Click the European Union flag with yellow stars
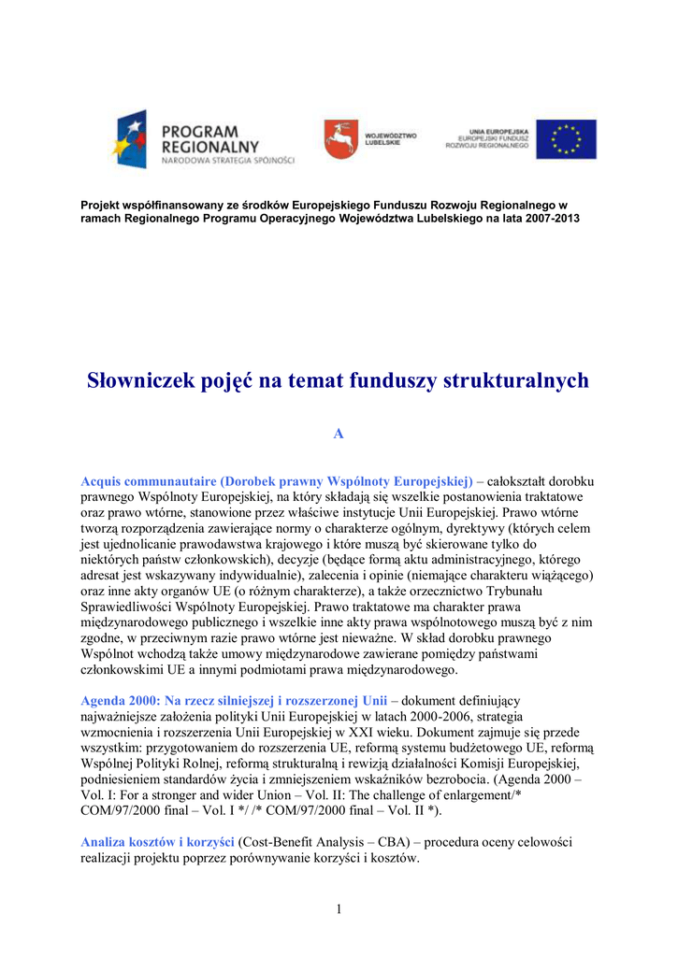point(572,139)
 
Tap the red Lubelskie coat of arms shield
point(339,139)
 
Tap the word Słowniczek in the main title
point(141,380)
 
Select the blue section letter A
point(339,434)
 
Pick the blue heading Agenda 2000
point(120,700)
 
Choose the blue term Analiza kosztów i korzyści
point(157,842)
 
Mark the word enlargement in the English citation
point(471,794)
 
